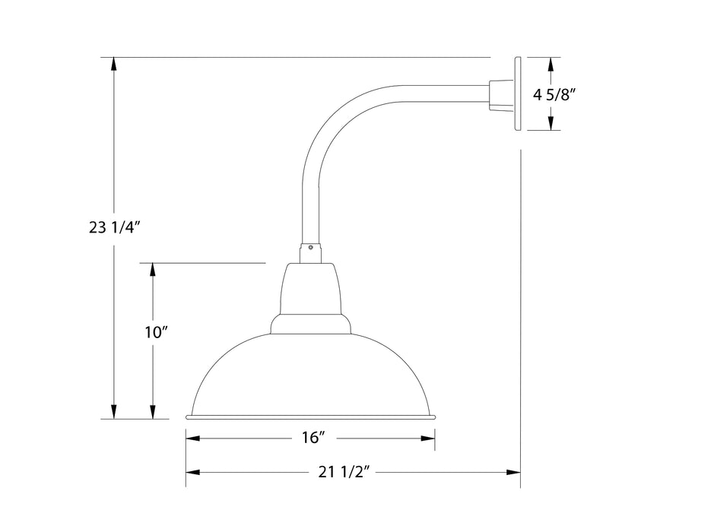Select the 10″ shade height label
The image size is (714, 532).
[x=154, y=332]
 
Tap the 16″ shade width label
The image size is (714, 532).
[x=313, y=438]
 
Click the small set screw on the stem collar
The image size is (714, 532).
[x=311, y=247]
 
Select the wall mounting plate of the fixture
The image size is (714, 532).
[x=517, y=93]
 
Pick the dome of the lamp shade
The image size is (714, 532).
[x=311, y=372]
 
